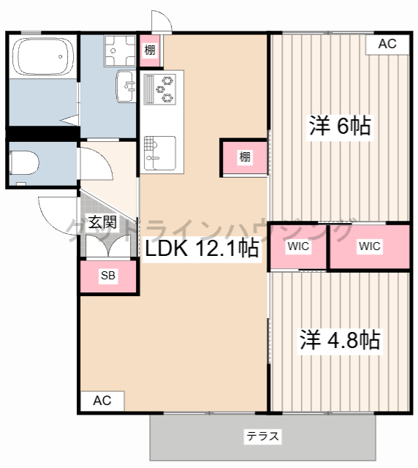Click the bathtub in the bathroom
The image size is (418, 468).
click(x=43, y=56)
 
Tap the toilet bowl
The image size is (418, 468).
click(x=24, y=162)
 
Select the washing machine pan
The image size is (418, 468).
click(x=120, y=50)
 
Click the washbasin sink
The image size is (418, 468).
click(x=125, y=86)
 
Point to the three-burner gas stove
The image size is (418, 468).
click(x=160, y=89)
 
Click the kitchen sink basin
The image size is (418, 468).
click(x=160, y=153)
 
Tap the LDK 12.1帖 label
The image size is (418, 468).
click(x=202, y=248)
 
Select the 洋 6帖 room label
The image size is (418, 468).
click(x=340, y=126)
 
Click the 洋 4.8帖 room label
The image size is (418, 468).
click(x=340, y=339)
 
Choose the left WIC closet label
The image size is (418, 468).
click(x=298, y=246)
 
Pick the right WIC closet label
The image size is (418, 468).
click(x=369, y=246)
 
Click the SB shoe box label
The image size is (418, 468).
click(x=108, y=275)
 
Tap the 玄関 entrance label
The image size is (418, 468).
click(x=102, y=222)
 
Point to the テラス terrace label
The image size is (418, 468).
click(x=262, y=437)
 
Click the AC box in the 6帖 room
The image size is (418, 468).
click(x=387, y=44)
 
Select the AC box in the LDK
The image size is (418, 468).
click(x=102, y=401)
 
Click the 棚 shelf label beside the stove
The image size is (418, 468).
click(x=150, y=50)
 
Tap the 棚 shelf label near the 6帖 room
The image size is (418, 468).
click(x=245, y=156)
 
